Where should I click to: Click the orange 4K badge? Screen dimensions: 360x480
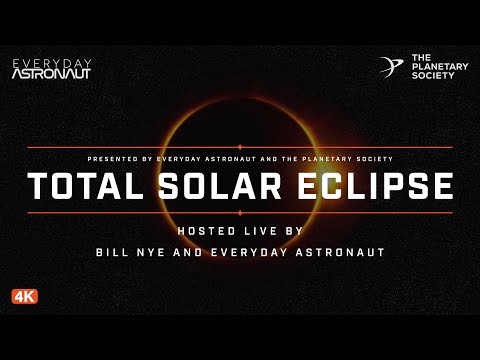(25, 296)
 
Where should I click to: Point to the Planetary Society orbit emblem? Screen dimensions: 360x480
(391, 67)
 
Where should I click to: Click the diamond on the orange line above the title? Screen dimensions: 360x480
(239, 147)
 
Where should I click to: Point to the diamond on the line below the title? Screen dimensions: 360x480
(239, 213)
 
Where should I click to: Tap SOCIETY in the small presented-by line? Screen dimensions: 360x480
(371, 159)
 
